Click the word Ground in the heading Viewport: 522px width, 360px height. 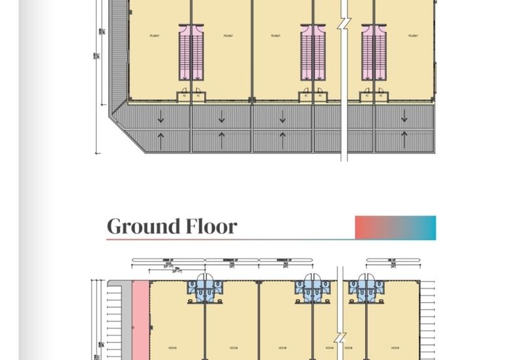pos(144,227)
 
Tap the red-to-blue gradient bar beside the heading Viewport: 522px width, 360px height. pos(395,228)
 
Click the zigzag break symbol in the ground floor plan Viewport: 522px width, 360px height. pos(341,339)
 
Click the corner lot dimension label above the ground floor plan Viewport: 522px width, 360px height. pos(168,261)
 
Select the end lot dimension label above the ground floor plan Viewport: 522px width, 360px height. pos(392,261)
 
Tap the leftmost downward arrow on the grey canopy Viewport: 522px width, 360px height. pos(161,117)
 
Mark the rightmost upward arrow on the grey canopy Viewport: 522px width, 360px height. pos(405,139)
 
